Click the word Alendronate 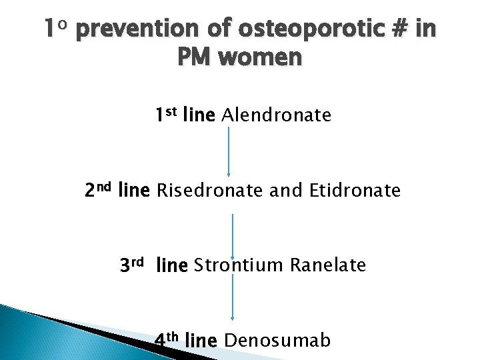(276, 116)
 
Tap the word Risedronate (209, 191)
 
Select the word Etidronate (355, 191)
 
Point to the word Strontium (239, 266)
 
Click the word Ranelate (328, 266)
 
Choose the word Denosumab (277, 341)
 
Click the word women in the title (260, 58)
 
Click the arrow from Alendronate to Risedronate (229, 152)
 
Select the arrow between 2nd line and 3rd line (232, 228)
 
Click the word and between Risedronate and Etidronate (287, 191)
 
